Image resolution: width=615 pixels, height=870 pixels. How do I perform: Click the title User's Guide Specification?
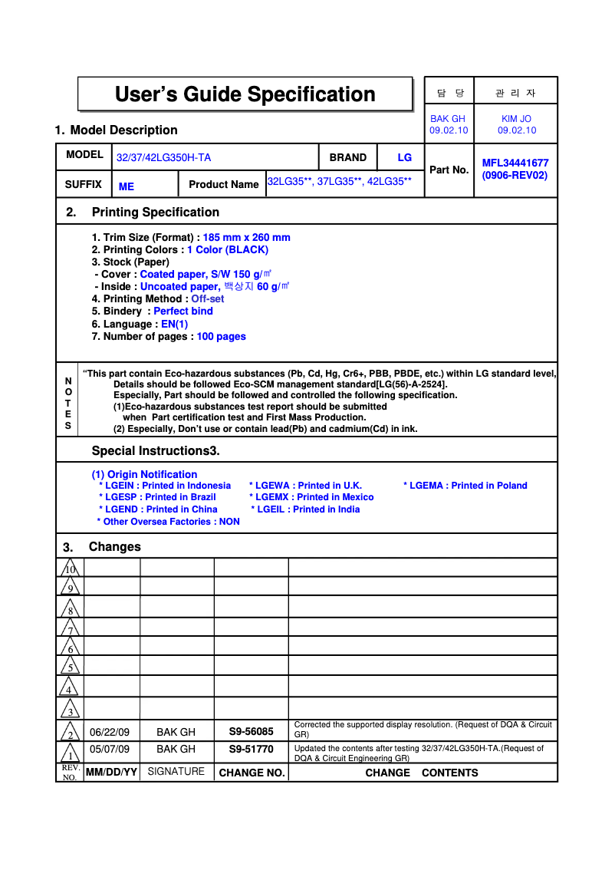click(245, 94)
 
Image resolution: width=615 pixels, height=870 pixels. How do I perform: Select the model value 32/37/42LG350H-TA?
click(163, 158)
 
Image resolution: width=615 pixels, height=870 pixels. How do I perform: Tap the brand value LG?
click(404, 157)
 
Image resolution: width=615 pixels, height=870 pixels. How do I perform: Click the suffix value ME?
click(127, 186)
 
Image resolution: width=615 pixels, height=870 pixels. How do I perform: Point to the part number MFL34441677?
click(515, 163)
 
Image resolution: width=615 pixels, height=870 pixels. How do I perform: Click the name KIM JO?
click(516, 119)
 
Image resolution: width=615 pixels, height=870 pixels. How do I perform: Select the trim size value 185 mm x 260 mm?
click(246, 238)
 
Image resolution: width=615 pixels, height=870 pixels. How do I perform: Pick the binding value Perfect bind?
click(183, 311)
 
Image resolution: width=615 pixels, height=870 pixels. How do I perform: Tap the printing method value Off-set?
click(208, 299)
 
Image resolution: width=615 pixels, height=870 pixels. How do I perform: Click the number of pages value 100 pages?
click(221, 337)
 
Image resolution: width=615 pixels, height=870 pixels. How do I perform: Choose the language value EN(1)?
click(174, 325)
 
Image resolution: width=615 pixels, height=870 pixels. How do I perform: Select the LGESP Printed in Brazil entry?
click(161, 497)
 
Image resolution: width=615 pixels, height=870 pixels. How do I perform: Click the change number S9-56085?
click(251, 732)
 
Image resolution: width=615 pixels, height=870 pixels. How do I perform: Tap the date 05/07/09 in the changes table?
click(110, 749)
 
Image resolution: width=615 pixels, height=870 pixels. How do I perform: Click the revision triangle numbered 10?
click(71, 568)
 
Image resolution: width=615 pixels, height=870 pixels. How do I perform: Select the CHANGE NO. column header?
click(252, 773)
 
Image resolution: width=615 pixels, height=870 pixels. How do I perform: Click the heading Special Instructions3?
click(156, 450)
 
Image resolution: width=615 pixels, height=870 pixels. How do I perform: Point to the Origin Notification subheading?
click(144, 475)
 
